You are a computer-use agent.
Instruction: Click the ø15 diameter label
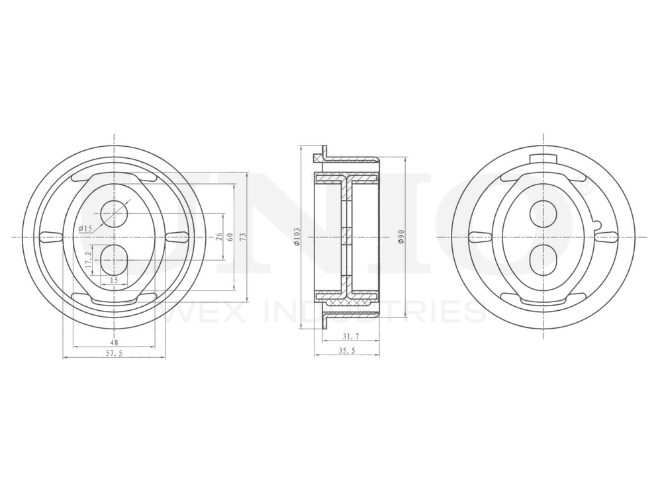click(84, 229)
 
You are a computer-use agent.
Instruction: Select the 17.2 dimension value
click(87, 259)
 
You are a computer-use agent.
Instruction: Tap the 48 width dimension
click(114, 342)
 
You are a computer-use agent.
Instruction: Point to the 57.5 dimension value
click(114, 354)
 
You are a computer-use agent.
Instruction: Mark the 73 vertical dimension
click(242, 236)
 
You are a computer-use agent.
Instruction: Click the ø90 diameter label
click(401, 236)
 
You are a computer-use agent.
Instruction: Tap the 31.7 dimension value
click(347, 338)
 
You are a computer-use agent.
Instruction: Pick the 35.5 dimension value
click(347, 351)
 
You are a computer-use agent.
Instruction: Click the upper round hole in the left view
click(114, 213)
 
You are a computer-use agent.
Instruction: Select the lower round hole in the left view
click(114, 259)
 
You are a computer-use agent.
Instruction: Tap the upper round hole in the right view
click(544, 213)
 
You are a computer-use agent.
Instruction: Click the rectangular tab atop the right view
click(544, 157)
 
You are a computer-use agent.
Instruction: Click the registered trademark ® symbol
click(585, 188)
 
